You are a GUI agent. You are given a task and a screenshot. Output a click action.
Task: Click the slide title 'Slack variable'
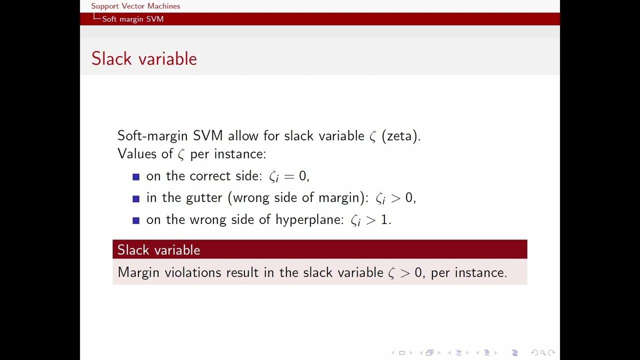point(144,58)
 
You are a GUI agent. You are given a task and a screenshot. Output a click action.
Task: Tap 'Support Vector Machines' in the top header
point(135,6)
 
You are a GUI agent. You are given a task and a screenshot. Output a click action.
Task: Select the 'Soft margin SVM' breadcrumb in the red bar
point(133,19)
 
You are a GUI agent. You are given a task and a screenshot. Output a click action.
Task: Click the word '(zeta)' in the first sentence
point(400,135)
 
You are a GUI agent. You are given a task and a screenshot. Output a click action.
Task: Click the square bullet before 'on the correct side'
point(136,176)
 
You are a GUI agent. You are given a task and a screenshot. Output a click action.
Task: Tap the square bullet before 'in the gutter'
point(136,198)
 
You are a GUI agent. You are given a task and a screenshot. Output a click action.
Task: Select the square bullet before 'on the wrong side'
point(136,220)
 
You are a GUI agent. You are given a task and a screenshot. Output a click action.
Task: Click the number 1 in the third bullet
point(384,220)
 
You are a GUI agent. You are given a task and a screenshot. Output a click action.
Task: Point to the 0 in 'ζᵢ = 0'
point(303,176)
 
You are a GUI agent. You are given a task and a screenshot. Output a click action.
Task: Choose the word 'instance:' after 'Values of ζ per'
point(240,153)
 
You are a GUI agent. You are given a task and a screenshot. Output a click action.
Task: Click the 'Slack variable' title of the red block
point(158,249)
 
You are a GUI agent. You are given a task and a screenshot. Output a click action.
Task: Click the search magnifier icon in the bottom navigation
point(543,353)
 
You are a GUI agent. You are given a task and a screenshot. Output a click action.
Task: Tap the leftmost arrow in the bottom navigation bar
point(393,353)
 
